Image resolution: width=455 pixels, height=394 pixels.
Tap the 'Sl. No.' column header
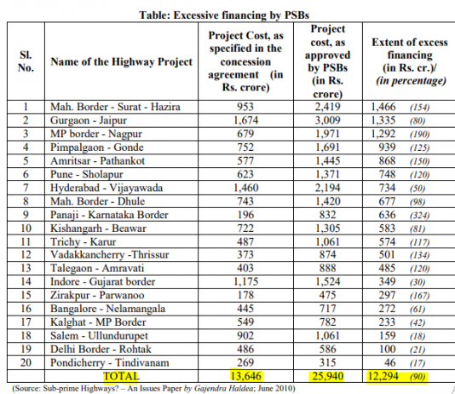pyautogui.click(x=26, y=62)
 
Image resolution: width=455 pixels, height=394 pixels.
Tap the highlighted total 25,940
pyautogui.click(x=328, y=374)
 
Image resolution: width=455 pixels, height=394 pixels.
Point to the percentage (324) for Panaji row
pyautogui.click(x=418, y=215)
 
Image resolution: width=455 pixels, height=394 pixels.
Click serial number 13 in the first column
pyautogui.click(x=26, y=268)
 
